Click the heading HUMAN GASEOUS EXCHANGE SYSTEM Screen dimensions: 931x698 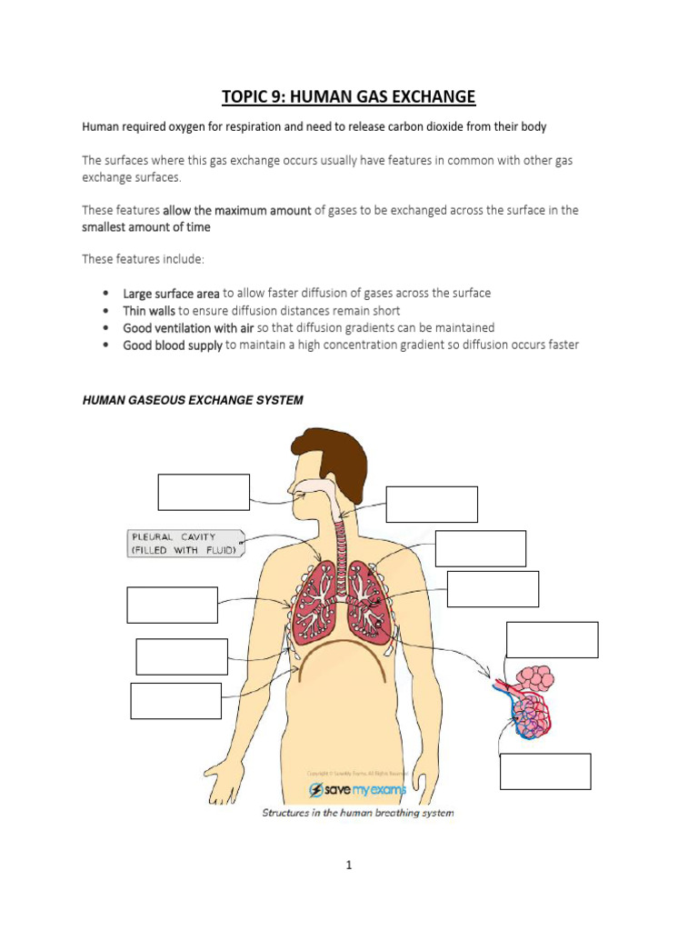point(193,400)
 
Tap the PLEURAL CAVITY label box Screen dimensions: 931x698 point(184,544)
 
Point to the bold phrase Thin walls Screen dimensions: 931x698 point(148,311)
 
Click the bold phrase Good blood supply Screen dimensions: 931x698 point(173,345)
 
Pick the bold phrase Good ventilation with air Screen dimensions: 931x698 point(188,328)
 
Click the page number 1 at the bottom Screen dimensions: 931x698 point(348,866)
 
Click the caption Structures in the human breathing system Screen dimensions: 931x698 point(357,813)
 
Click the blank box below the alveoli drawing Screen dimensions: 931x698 point(545,771)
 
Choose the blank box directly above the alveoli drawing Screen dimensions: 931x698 point(552,639)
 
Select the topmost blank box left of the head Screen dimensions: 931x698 point(204,492)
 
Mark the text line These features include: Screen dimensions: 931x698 point(144,259)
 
